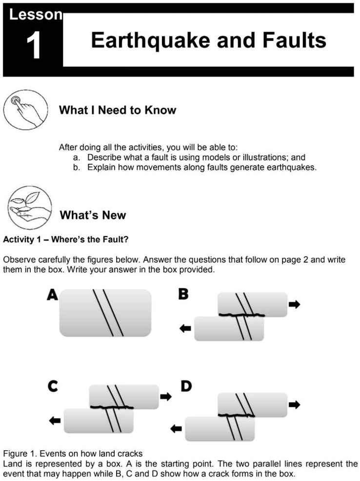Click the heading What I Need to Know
pyautogui.click(x=118, y=110)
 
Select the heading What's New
pyautogui.click(x=93, y=215)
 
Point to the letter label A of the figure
pyautogui.click(x=52, y=295)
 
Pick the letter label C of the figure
pyautogui.click(x=53, y=387)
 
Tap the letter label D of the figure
pyautogui.click(x=186, y=387)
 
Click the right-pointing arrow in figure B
pyautogui.click(x=295, y=304)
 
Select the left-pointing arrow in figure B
pyautogui.click(x=185, y=329)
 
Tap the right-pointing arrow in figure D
pyautogui.click(x=295, y=404)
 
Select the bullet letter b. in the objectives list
pyautogui.click(x=77, y=167)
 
